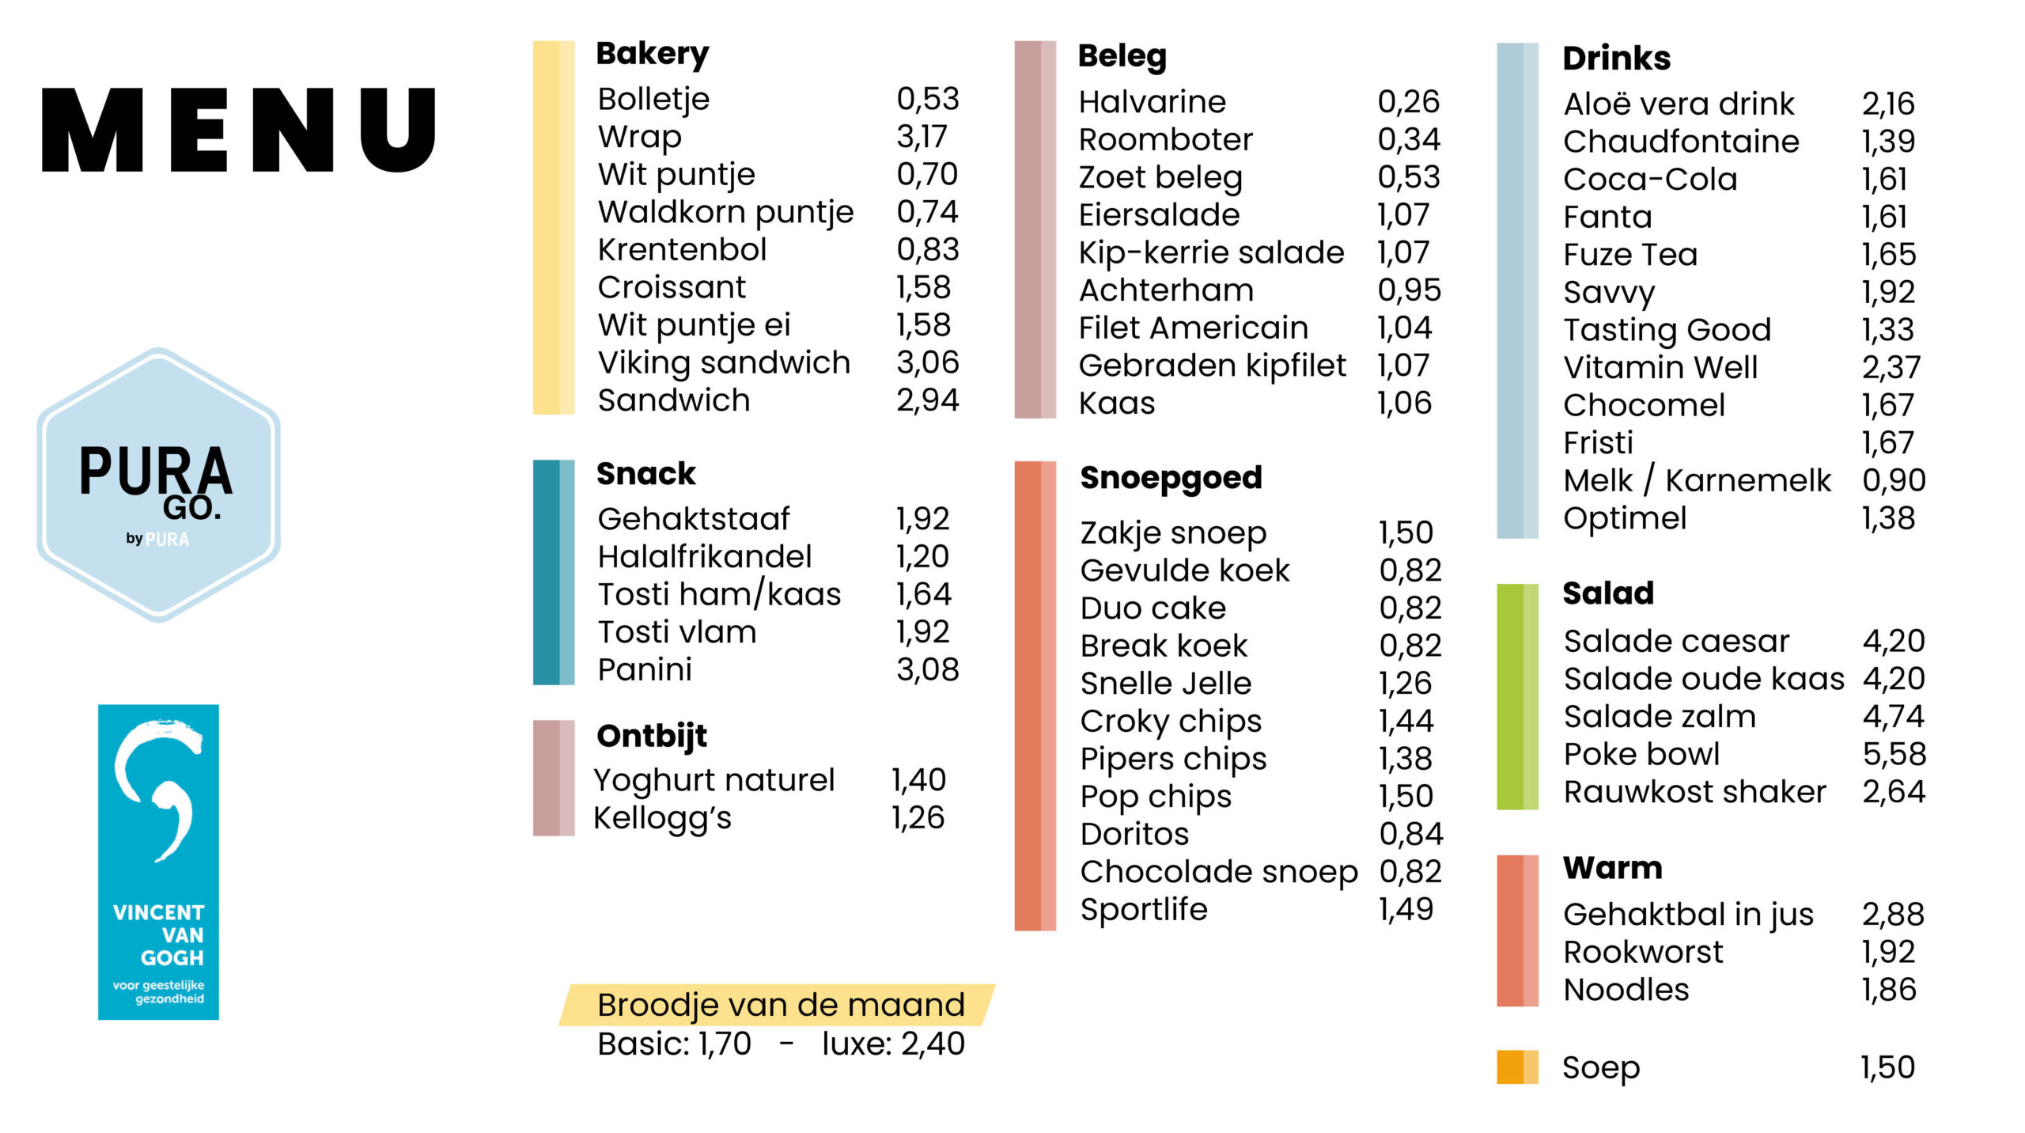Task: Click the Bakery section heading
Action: point(653,55)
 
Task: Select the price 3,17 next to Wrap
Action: point(922,137)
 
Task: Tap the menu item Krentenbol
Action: point(682,250)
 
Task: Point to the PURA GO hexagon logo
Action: point(158,484)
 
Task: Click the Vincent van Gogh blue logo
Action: point(158,862)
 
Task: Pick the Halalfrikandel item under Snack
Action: point(705,557)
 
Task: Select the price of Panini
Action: point(927,670)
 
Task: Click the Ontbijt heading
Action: point(652,737)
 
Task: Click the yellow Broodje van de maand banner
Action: point(777,1005)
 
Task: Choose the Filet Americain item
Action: point(1194,328)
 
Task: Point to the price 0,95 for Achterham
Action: point(1410,290)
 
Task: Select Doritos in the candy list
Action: point(1134,835)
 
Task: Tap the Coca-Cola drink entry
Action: point(1650,180)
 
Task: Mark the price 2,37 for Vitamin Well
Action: point(1891,368)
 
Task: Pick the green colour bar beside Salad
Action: point(1517,697)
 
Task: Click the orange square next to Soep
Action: point(1517,1067)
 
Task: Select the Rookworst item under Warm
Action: point(1643,953)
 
